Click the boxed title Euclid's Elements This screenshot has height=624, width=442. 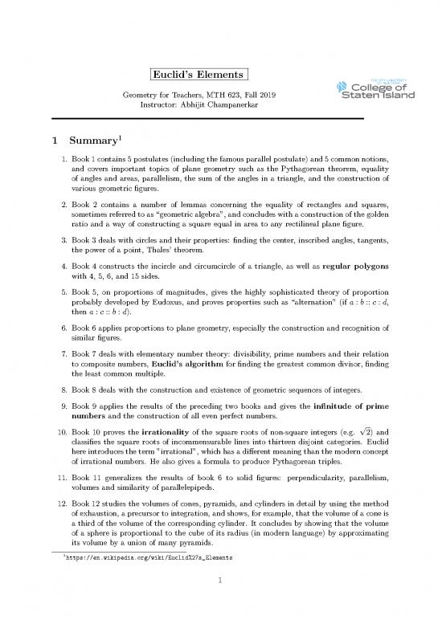coord(198,75)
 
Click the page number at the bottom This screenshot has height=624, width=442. coord(221,602)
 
